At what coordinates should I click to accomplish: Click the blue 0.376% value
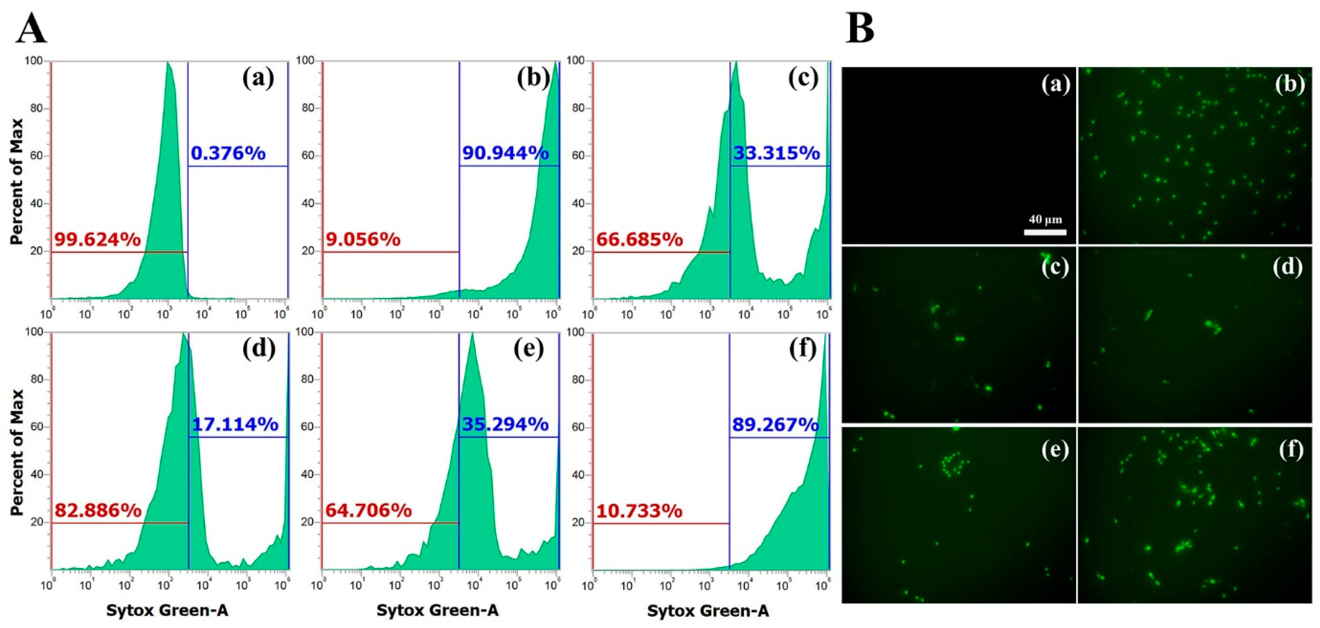(228, 153)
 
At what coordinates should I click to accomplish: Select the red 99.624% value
(97, 239)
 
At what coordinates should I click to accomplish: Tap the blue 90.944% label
(505, 153)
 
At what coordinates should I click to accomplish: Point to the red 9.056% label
(363, 239)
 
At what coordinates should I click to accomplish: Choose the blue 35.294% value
(505, 425)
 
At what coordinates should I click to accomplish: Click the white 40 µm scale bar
(1045, 232)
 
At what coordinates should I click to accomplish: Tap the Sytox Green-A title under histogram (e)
(437, 610)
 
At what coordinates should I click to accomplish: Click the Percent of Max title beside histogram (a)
(17, 181)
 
